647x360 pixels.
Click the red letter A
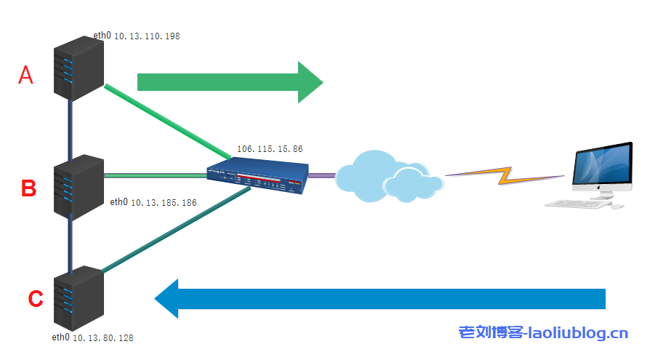[x=25, y=75]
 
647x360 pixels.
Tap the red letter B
[x=28, y=188]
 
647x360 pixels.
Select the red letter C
[x=35, y=298]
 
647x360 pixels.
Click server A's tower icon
[x=79, y=69]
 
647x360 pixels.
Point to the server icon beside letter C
[x=79, y=299]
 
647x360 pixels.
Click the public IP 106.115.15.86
[x=270, y=148]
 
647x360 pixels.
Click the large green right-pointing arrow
[x=230, y=82]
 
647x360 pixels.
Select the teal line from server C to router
[x=175, y=231]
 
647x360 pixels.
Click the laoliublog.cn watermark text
[x=543, y=333]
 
